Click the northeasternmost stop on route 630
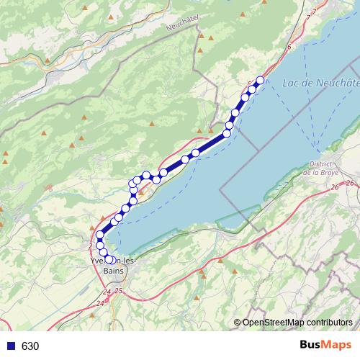pos(261,80)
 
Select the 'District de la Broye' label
pos(320,168)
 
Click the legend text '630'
pos(30,346)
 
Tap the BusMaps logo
pos(322,346)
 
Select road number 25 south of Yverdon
pos(119,290)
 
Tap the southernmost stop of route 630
pos(110,260)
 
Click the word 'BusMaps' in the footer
pos(322,346)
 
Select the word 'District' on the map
pos(318,164)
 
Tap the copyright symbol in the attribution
pos(238,323)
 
